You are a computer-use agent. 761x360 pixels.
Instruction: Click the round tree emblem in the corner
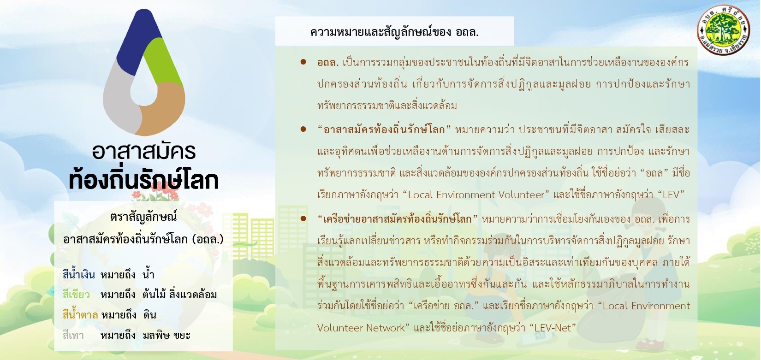[723, 30]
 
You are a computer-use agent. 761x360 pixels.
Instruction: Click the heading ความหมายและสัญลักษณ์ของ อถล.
[394, 32]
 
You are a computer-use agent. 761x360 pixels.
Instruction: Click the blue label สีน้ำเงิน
[78, 274]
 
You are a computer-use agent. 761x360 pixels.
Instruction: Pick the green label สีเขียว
[76, 294]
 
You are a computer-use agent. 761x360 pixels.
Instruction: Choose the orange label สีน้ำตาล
[80, 314]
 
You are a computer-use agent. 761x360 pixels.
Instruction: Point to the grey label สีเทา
[73, 335]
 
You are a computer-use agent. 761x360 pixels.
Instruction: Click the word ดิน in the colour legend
[149, 315]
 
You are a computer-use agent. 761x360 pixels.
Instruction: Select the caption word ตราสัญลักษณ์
[143, 217]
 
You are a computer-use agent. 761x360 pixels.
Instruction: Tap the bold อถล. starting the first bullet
[328, 63]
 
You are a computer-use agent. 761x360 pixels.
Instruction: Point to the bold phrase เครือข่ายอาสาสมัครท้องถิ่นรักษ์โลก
[397, 218]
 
